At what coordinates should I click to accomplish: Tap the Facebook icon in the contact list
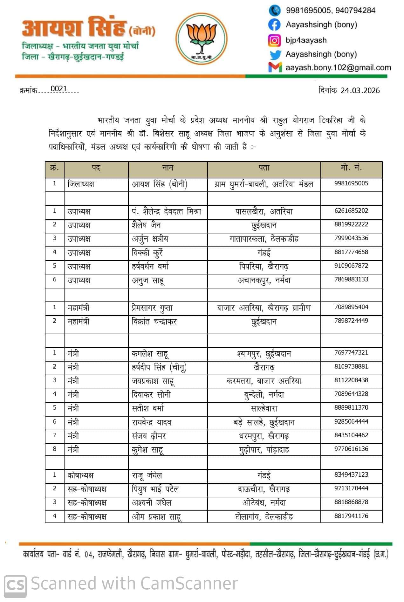pos(274,25)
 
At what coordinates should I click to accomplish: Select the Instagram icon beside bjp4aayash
pos(274,40)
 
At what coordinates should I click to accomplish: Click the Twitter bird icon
pos(275,55)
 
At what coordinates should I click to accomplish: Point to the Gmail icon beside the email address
pos(275,67)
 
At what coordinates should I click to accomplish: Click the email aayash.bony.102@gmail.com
pos(338,67)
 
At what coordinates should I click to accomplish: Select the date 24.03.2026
pos(360,91)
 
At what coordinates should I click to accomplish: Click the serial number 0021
pos(59,89)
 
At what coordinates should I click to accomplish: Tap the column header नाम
pos(168,168)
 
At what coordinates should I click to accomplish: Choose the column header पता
pos(264,168)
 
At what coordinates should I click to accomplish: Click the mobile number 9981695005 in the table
pos(351,183)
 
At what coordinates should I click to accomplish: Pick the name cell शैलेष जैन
pos(146,225)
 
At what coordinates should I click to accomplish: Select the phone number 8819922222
pos(351,224)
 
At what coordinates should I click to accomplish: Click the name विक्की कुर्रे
pos(147,253)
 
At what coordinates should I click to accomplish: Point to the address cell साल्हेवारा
pos(264,408)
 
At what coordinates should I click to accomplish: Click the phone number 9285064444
pos(351,421)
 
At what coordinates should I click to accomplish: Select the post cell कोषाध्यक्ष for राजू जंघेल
pos(80,475)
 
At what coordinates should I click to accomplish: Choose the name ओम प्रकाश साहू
pos(156,517)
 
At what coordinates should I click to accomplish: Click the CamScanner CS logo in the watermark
pos(15,584)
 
